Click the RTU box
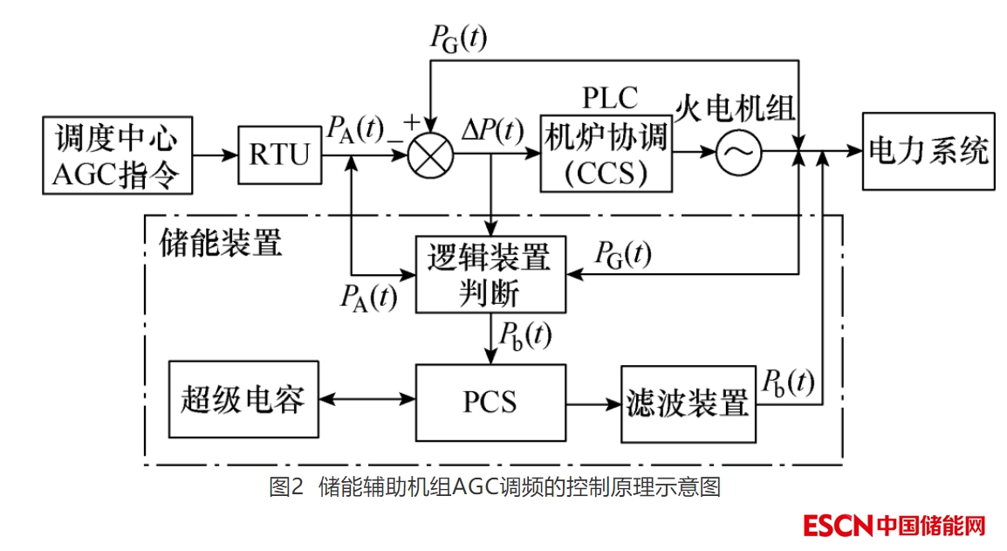[x=279, y=155]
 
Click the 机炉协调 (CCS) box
[x=606, y=153]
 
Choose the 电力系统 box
[x=928, y=151]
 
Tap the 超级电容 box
[x=243, y=400]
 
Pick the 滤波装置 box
[x=688, y=403]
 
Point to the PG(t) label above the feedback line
[x=459, y=38]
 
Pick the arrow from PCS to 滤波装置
[x=593, y=403]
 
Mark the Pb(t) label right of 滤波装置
[x=789, y=382]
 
